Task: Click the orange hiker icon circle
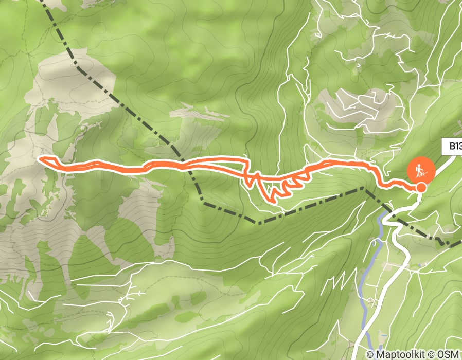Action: coord(421,170)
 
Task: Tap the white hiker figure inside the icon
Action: coord(421,170)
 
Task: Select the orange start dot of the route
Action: coord(421,187)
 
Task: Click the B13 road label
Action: coord(452,147)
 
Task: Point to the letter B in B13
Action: coord(452,147)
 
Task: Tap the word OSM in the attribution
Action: coord(447,354)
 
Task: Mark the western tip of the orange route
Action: coord(41,158)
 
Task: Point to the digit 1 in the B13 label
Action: coord(456,147)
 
